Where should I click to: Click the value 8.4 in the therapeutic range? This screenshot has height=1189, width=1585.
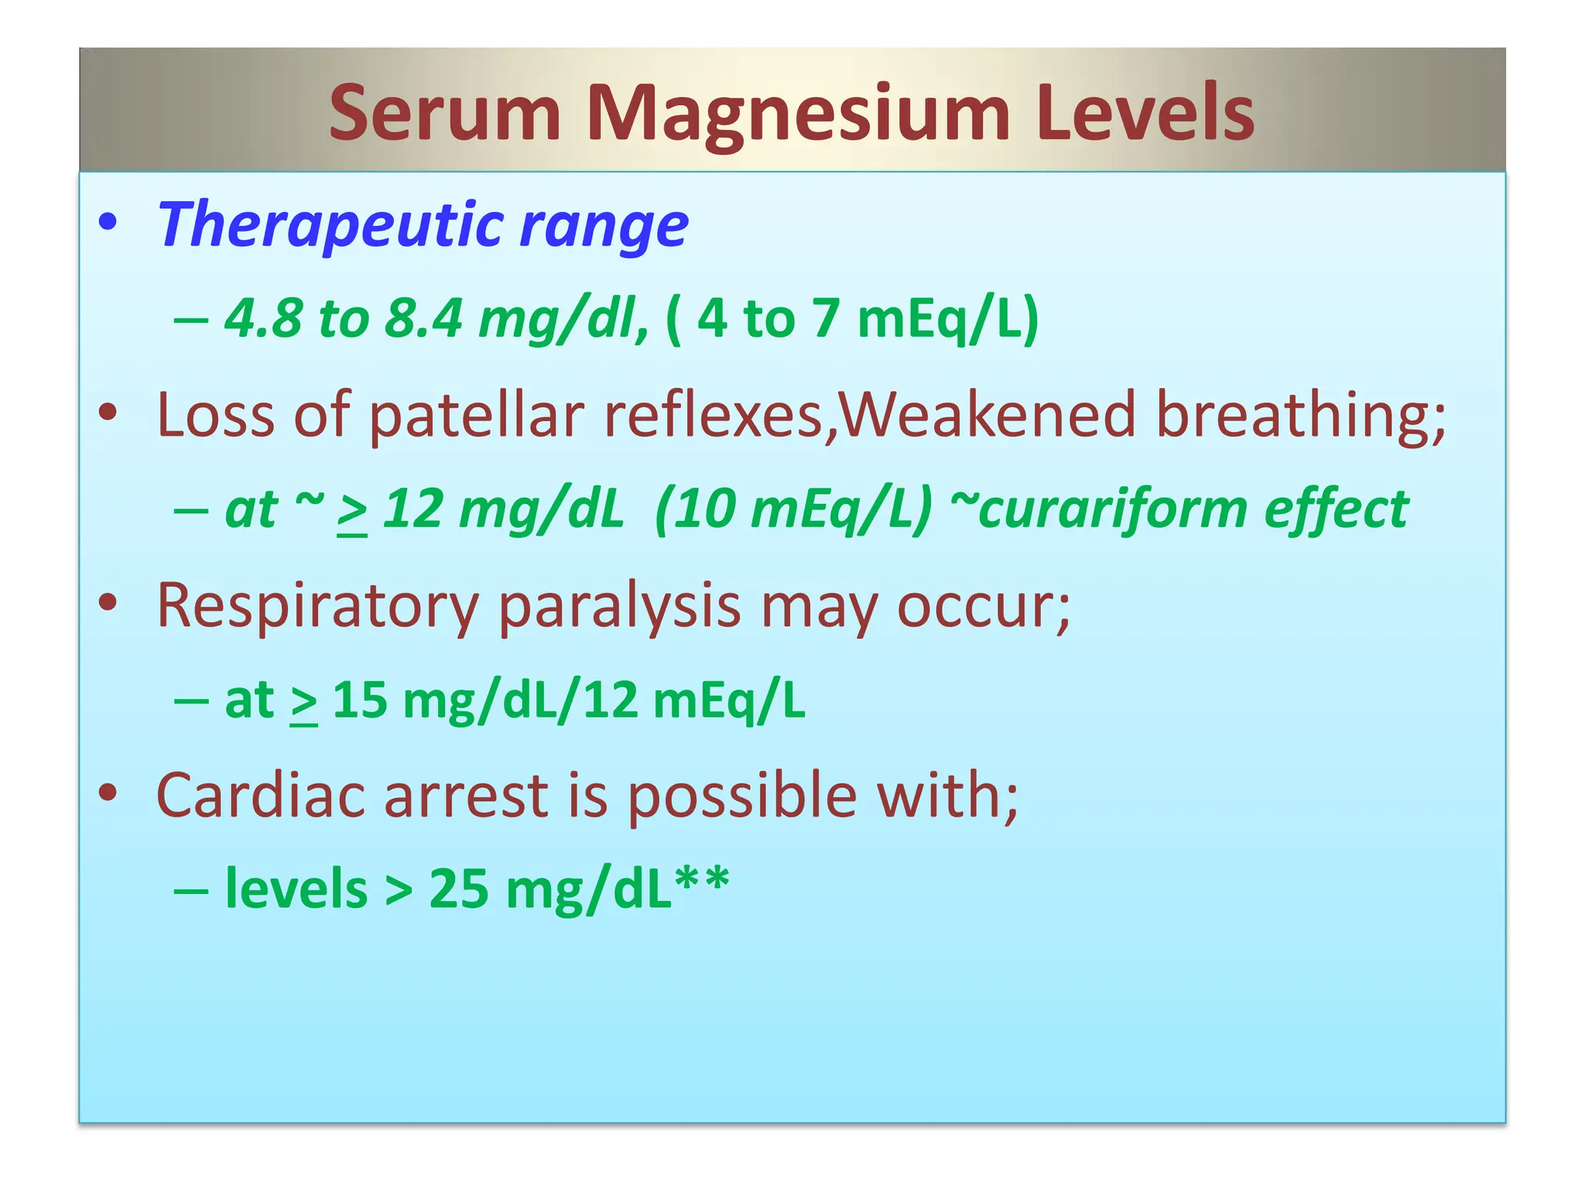[x=423, y=318]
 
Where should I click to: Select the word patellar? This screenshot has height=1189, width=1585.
[x=475, y=415]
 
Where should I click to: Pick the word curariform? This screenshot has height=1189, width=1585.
[x=1099, y=509]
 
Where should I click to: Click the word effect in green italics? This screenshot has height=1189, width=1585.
[x=1336, y=509]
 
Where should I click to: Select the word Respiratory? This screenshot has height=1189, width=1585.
[x=317, y=605]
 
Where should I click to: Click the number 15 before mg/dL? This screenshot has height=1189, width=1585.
[x=360, y=700]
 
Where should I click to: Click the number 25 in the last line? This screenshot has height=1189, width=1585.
[x=459, y=889]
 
